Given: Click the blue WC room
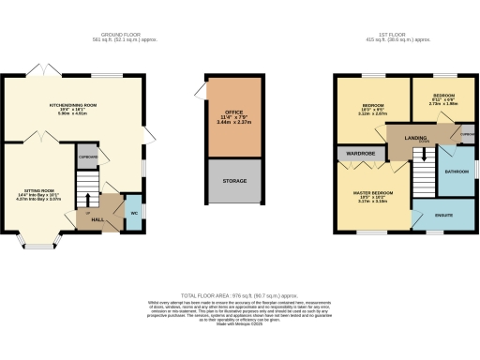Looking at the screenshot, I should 132,212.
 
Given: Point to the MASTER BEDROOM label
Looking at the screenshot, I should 367,191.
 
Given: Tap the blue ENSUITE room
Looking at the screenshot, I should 444,217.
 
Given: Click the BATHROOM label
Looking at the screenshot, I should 457,172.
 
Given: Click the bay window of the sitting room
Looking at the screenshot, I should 42,247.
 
